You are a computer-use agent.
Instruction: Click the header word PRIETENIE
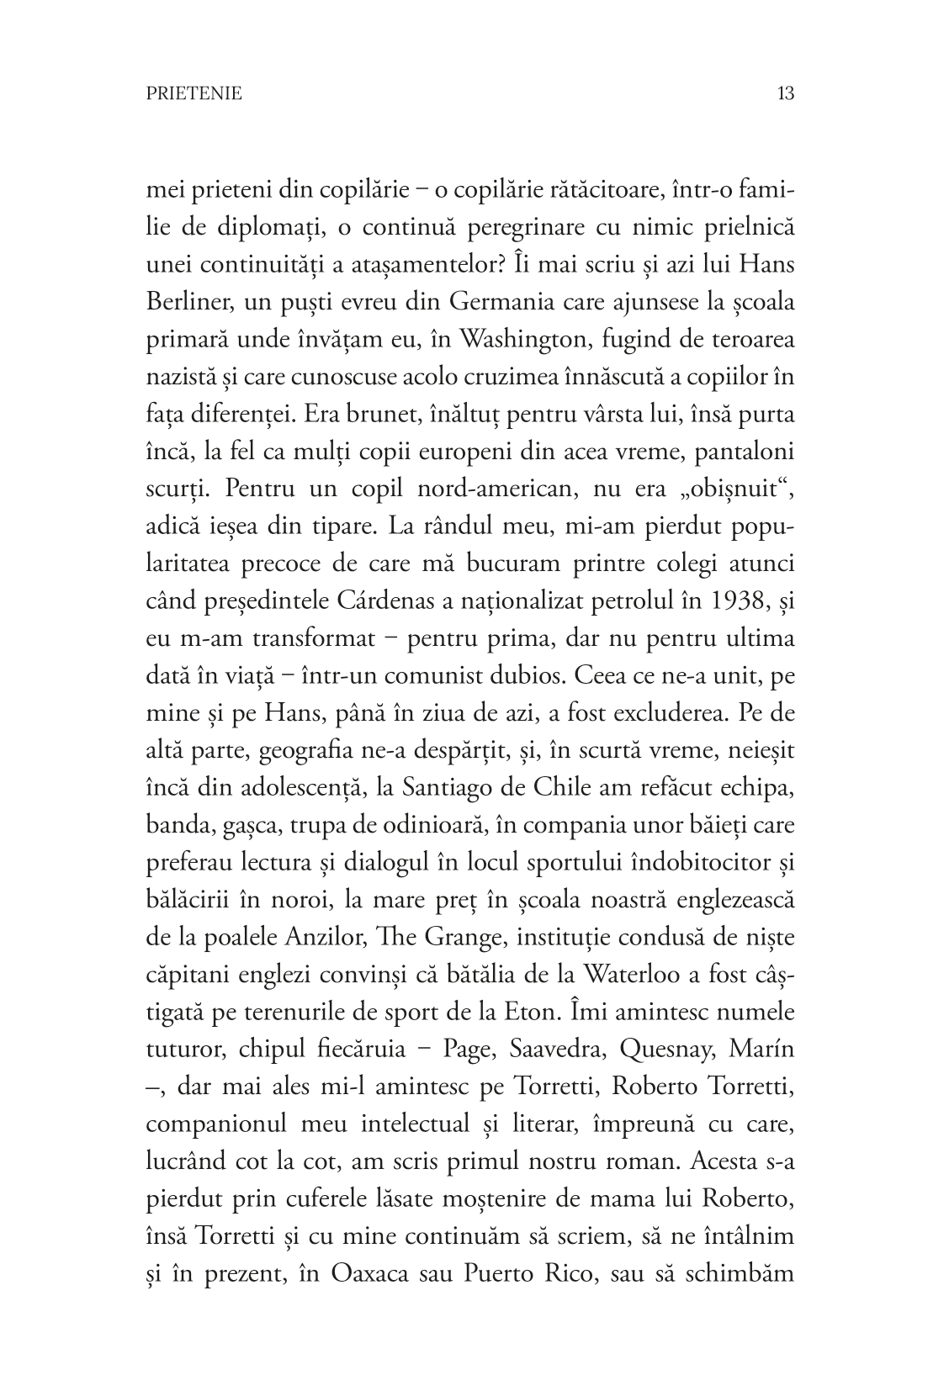tap(194, 93)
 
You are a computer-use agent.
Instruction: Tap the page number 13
tap(786, 93)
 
